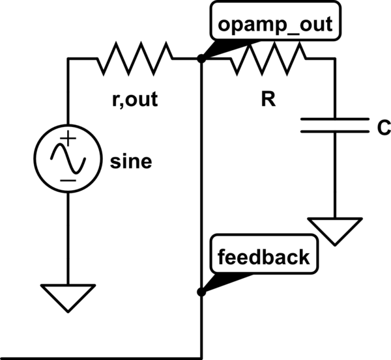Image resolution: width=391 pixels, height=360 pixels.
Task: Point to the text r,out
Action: click(x=135, y=101)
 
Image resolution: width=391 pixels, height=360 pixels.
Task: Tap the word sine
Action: click(x=131, y=161)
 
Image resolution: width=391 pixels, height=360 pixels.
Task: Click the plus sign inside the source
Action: click(x=68, y=139)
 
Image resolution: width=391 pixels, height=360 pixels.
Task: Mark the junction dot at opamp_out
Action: click(x=201, y=59)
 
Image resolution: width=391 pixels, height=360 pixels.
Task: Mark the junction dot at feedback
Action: click(x=201, y=292)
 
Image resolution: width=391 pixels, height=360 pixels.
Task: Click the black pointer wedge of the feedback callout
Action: click(x=225, y=280)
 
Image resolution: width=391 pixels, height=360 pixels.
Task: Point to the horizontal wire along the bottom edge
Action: click(x=98, y=357)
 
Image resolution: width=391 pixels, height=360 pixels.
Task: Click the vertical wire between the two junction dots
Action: click(x=201, y=176)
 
